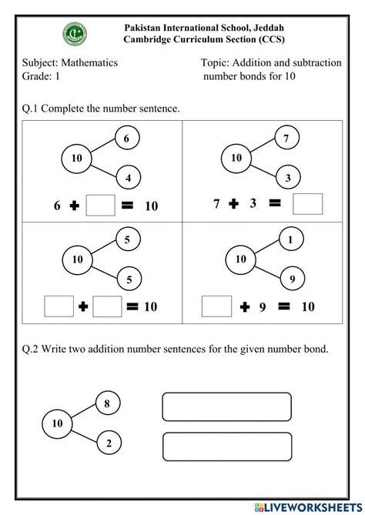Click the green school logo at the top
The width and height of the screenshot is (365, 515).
tap(75, 34)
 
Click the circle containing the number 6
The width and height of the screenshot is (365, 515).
tap(127, 139)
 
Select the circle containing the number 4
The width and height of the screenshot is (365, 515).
tap(128, 179)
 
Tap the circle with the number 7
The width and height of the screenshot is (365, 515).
tap(286, 139)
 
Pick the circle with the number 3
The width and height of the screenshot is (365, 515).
tap(286, 179)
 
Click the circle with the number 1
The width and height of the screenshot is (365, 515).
tap(289, 239)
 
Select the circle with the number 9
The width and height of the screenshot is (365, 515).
tap(290, 278)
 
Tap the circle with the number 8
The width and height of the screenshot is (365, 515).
tap(107, 403)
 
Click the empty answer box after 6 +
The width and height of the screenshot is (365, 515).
tap(101, 206)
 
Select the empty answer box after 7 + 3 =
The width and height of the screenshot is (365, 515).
tap(307, 204)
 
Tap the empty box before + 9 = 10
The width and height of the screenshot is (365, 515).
tap(215, 306)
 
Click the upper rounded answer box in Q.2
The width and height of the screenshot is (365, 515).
tap(226, 407)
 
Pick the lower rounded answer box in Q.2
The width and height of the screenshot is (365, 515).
tap(226, 446)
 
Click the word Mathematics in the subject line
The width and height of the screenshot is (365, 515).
tap(90, 63)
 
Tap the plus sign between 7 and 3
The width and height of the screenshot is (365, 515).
tap(233, 204)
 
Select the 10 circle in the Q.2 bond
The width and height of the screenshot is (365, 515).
tap(56, 423)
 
